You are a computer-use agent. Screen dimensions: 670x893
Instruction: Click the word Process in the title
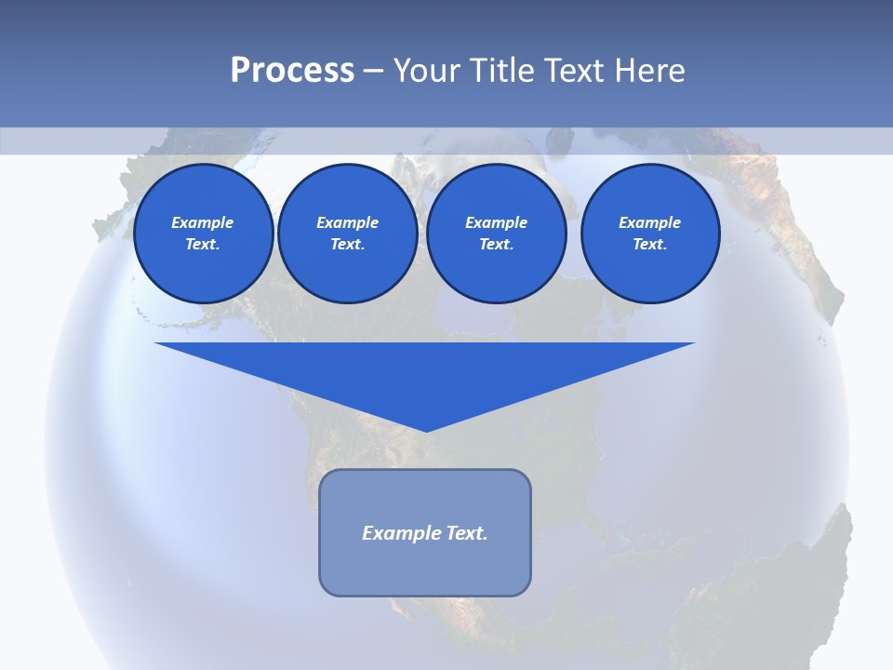coord(292,71)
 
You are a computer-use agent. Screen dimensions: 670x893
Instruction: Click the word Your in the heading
coord(429,71)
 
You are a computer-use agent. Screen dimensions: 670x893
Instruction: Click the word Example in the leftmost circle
coord(203,222)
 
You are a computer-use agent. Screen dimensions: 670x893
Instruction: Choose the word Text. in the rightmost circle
coord(649,244)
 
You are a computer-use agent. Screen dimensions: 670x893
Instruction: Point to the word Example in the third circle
coord(496,222)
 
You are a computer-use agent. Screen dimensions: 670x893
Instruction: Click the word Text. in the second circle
coord(347,244)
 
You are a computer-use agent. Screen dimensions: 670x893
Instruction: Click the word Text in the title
coord(575,71)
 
